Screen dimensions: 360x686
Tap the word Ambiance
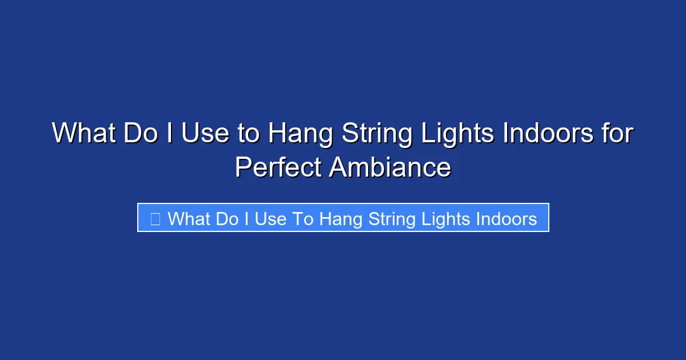(x=390, y=167)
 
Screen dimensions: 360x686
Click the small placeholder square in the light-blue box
(x=155, y=218)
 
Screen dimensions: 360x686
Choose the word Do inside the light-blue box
(x=226, y=219)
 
